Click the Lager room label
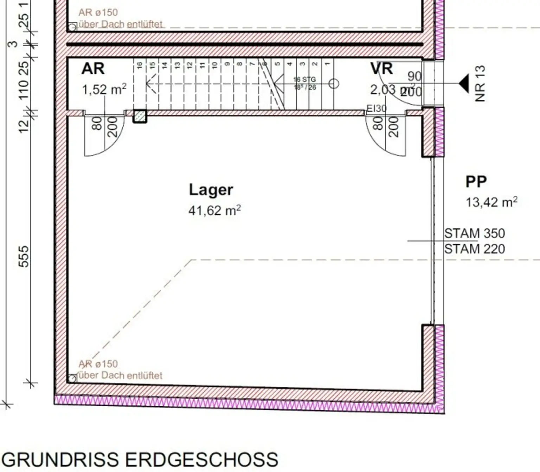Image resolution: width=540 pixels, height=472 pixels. (x=211, y=190)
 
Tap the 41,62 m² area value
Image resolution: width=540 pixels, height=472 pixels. (x=214, y=211)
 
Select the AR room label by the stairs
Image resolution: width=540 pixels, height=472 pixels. (x=93, y=69)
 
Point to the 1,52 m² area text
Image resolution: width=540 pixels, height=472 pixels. (x=104, y=90)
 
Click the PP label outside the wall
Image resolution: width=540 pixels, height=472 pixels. (x=476, y=182)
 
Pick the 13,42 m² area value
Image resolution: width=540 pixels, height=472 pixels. (x=491, y=202)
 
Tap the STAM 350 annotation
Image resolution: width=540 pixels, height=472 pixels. (x=474, y=233)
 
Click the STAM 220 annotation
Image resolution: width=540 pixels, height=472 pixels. (x=474, y=249)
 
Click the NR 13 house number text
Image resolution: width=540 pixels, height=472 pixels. (x=480, y=83)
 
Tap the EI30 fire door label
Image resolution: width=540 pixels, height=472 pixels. (x=377, y=109)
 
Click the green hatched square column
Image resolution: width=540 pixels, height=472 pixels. (x=140, y=116)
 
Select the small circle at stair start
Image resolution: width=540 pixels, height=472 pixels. (x=334, y=84)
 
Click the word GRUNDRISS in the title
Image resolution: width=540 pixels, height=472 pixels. (x=60, y=459)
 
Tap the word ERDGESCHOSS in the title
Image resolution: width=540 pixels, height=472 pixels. (x=201, y=459)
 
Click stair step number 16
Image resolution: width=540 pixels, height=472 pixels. (x=140, y=65)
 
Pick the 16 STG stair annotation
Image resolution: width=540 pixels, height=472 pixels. (x=304, y=79)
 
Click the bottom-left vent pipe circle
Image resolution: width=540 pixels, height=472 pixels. (x=72, y=378)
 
